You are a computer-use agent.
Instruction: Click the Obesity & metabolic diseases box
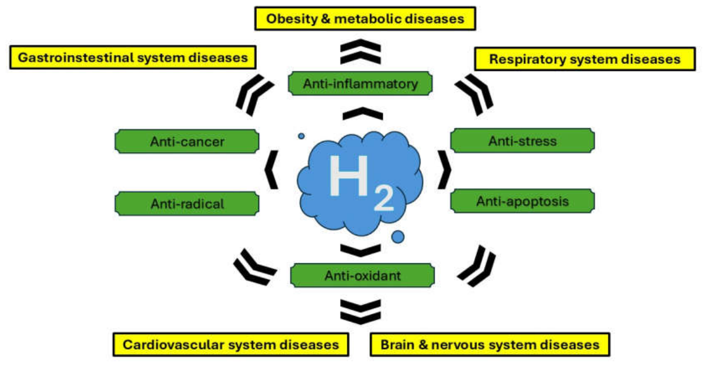click(365, 19)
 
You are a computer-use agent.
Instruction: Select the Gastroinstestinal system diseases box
click(133, 58)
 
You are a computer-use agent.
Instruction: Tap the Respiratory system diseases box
click(585, 59)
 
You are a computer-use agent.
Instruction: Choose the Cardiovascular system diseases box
click(231, 345)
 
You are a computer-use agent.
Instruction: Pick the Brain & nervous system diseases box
click(490, 345)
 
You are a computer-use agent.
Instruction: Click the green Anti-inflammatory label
click(360, 84)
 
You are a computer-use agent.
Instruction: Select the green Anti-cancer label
click(187, 141)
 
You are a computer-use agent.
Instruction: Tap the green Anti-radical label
click(187, 204)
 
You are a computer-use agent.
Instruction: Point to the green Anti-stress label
click(522, 141)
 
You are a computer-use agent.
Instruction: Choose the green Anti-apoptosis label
click(522, 201)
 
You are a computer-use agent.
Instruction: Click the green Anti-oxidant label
click(363, 275)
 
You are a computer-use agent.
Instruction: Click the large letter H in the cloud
click(349, 175)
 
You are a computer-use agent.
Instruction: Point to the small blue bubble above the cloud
click(302, 136)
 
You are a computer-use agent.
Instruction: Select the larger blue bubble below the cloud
click(398, 236)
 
